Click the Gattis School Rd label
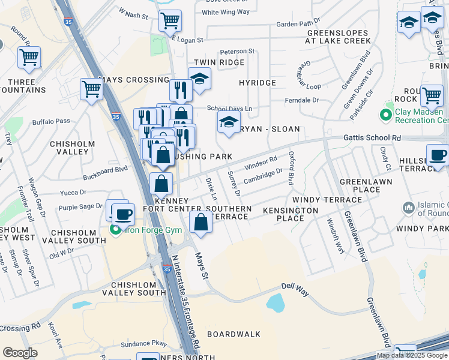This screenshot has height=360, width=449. click(x=372, y=137)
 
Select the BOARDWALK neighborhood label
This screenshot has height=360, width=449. click(x=234, y=334)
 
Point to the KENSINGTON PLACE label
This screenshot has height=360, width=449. click(x=291, y=214)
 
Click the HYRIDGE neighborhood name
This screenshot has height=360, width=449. click(x=257, y=83)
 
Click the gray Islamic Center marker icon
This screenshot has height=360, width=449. click(x=409, y=208)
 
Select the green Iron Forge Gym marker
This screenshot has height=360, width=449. click(x=116, y=229)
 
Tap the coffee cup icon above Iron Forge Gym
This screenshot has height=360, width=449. click(x=124, y=213)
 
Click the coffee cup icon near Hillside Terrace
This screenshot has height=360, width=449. click(x=438, y=154)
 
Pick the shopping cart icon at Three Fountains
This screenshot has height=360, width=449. click(x=29, y=58)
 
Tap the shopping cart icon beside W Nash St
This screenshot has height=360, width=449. click(x=170, y=20)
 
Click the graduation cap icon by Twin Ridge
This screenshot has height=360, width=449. click(x=199, y=77)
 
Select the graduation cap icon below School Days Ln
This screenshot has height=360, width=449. click(x=228, y=122)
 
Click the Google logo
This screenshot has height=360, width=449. click(x=20, y=353)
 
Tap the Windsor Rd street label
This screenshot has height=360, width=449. click(x=261, y=162)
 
